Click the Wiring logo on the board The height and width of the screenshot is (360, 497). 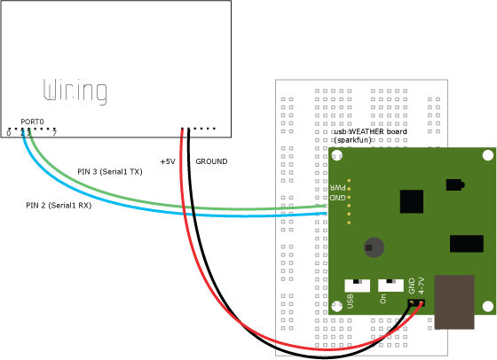pyautogui.click(x=75, y=91)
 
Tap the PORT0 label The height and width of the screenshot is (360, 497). pyautogui.click(x=32, y=121)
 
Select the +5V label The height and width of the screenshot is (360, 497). pyautogui.click(x=168, y=161)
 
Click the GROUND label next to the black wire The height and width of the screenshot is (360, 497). pyautogui.click(x=211, y=161)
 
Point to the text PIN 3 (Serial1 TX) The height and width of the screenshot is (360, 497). pyautogui.click(x=110, y=172)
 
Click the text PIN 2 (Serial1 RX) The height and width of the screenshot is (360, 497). pyautogui.click(x=59, y=206)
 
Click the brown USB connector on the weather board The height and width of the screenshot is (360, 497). pyautogui.click(x=454, y=302)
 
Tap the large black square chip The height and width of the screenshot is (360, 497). pyautogui.click(x=412, y=201)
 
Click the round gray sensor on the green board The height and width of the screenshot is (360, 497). pyautogui.click(x=374, y=247)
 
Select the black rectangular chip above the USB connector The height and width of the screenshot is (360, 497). pyautogui.click(x=467, y=244)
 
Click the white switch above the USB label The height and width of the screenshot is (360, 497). pyautogui.click(x=357, y=286)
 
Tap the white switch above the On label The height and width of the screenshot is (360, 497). pyautogui.click(x=390, y=286)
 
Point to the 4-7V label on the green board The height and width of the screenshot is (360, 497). pyautogui.click(x=422, y=286)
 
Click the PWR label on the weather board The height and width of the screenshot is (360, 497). pyautogui.click(x=338, y=187)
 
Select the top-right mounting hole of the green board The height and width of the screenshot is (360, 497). pyautogui.click(x=488, y=155)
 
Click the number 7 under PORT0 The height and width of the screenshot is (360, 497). pyautogui.click(x=54, y=133)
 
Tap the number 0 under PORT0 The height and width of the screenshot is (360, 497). pyautogui.click(x=9, y=133)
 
